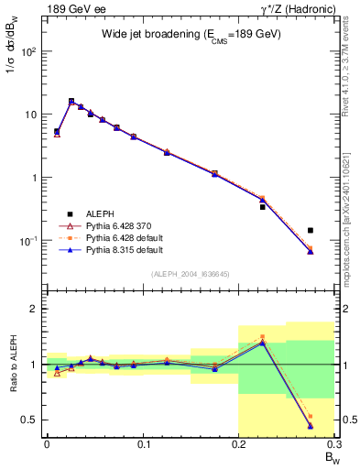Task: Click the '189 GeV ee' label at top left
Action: (x=69, y=9)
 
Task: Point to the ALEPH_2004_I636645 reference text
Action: (x=191, y=274)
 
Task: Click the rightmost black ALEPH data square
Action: (x=311, y=231)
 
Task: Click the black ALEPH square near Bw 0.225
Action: (x=262, y=207)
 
